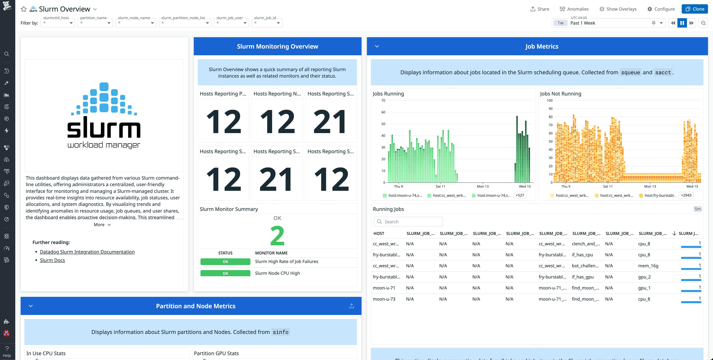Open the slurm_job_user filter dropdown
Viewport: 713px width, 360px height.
click(232, 23)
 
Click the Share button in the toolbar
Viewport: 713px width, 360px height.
click(539, 9)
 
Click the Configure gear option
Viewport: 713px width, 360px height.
click(661, 9)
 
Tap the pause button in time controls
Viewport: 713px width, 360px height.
click(682, 23)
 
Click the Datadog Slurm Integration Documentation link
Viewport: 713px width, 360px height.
click(87, 252)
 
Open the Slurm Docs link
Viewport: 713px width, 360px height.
click(52, 260)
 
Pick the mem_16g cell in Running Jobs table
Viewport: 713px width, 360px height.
click(648, 266)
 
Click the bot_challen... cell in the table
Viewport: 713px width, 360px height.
click(585, 266)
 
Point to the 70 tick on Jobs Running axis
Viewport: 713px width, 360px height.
click(383, 101)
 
